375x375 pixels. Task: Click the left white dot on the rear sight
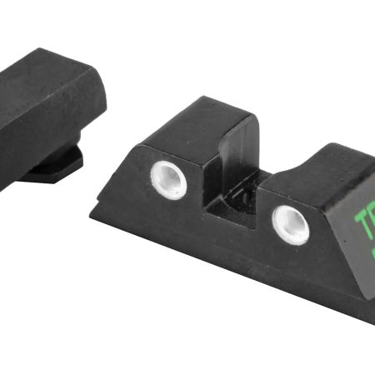pyautogui.click(x=168, y=178)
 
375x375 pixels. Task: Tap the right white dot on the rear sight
pyautogui.click(x=291, y=224)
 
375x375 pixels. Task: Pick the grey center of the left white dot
pyautogui.click(x=169, y=177)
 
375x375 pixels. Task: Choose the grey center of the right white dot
pyautogui.click(x=292, y=222)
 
